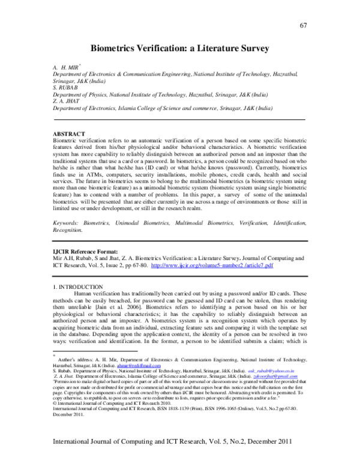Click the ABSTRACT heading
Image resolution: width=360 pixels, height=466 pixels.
pyautogui.click(x=69, y=133)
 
